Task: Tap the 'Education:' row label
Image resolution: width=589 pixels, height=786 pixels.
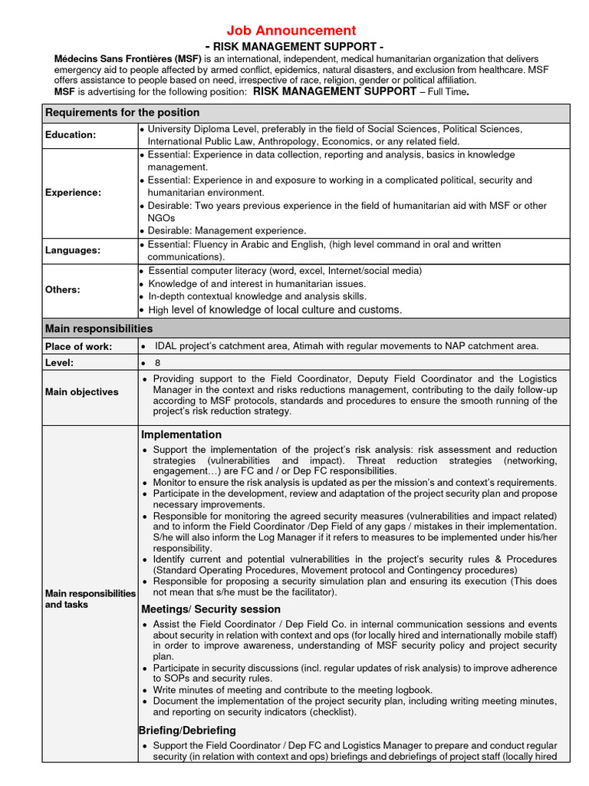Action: [x=71, y=135]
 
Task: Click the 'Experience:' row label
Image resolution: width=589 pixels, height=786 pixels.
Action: [x=73, y=193]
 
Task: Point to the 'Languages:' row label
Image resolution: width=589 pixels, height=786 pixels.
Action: [x=73, y=250]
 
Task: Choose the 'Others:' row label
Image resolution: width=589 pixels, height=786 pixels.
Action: [x=63, y=289]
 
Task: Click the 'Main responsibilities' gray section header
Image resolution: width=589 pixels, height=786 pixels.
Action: [x=99, y=329]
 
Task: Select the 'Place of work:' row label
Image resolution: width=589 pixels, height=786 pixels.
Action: [x=78, y=347]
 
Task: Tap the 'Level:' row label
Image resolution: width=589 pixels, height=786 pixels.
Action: [x=59, y=362]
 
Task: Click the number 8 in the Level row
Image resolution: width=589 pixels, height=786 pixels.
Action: [x=158, y=362]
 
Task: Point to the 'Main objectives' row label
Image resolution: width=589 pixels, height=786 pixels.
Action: [x=82, y=392]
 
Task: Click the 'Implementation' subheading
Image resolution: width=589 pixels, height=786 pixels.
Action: [x=181, y=434]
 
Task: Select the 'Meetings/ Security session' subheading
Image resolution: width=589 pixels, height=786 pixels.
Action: [x=212, y=609]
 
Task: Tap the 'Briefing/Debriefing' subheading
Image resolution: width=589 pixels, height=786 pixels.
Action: [x=187, y=730]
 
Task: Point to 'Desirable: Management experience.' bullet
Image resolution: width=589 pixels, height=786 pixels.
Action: [x=227, y=230]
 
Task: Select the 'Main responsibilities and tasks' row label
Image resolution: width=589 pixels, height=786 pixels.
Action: [x=90, y=599]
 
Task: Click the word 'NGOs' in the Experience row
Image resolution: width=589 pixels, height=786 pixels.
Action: [x=161, y=218]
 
